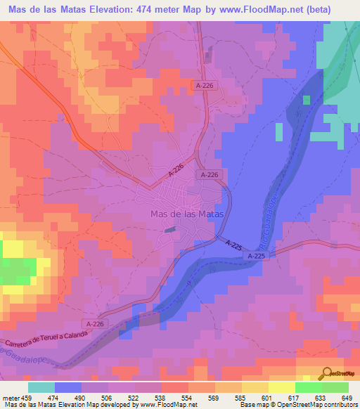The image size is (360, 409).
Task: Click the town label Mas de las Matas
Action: [x=187, y=214]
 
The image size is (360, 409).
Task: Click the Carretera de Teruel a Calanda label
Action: [x=46, y=337]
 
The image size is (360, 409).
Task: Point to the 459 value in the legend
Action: [x=28, y=397]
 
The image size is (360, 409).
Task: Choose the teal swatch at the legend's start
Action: [x=41, y=387]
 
